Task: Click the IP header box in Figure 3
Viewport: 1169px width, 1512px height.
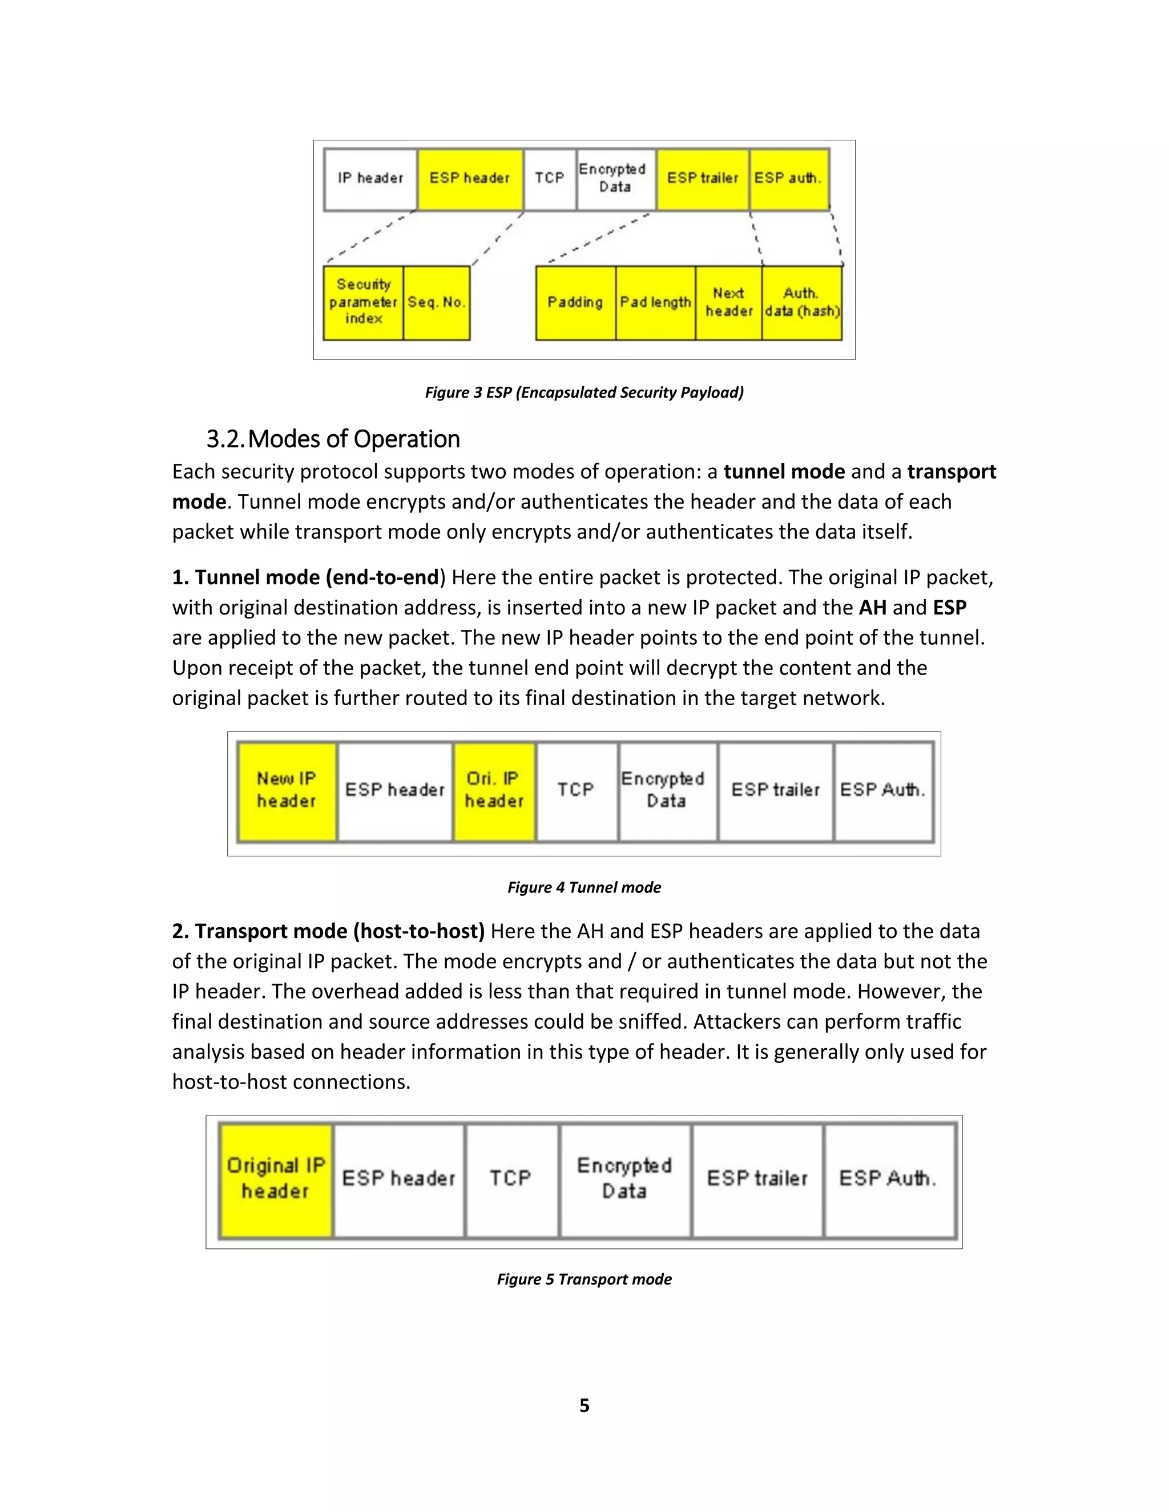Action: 370,179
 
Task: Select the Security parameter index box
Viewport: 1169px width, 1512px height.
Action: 363,302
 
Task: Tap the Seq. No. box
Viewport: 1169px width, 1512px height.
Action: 436,302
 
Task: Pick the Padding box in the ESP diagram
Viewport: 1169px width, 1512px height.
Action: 575,302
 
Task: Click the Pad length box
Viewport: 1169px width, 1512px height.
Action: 655,302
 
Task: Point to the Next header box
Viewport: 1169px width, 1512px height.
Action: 728,302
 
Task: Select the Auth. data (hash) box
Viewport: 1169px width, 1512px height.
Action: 802,302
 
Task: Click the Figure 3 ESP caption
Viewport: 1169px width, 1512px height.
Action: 584,393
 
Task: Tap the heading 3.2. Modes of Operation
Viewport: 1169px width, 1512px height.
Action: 333,439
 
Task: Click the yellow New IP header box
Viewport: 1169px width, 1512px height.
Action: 287,791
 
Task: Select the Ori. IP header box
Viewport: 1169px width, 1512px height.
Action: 494,791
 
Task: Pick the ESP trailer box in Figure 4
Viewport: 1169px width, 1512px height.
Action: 775,791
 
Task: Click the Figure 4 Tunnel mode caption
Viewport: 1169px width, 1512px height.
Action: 584,888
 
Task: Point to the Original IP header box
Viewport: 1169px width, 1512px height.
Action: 276,1178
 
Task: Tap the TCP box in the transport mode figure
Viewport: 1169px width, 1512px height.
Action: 511,1178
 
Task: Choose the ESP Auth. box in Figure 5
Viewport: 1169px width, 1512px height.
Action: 889,1178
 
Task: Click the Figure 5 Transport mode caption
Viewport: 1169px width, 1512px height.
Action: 584,1279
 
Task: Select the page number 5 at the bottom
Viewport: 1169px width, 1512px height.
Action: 584,1405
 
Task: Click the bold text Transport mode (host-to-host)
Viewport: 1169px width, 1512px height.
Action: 328,932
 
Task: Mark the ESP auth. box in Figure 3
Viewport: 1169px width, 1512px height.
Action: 788,179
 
